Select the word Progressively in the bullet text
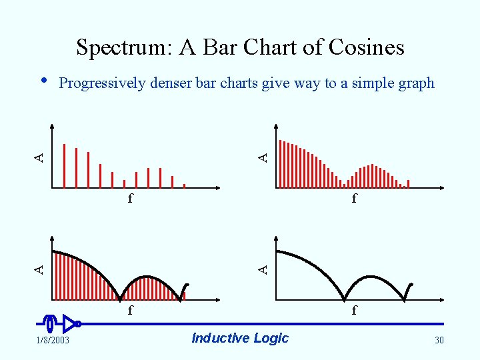(x=101, y=83)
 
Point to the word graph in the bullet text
(x=416, y=83)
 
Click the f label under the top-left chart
(x=131, y=198)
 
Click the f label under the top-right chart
(x=354, y=198)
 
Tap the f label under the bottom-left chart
(x=131, y=310)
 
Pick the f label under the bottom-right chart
(x=354, y=310)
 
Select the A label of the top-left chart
(x=40, y=157)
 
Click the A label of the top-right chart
(x=264, y=157)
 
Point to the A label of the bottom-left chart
(x=40, y=269)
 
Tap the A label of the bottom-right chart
(x=264, y=269)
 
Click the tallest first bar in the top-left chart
(x=64, y=166)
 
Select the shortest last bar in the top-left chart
(x=184, y=186)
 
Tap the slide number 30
(x=439, y=341)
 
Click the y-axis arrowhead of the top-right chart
(x=277, y=128)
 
